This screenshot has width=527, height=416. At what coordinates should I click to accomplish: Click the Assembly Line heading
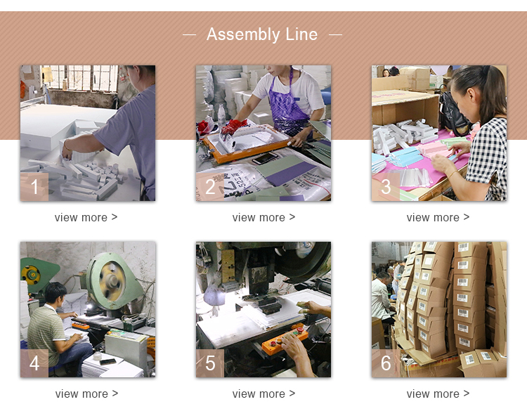[x=262, y=34]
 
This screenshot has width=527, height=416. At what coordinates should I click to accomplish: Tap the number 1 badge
[x=34, y=187]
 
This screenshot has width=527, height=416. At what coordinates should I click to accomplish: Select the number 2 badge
[x=210, y=187]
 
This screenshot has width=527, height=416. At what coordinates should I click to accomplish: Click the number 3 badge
[x=386, y=187]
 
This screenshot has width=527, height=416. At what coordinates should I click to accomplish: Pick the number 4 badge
[x=34, y=363]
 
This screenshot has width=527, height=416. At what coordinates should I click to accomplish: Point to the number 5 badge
[x=210, y=363]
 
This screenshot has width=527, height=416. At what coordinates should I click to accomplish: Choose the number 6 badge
[x=386, y=363]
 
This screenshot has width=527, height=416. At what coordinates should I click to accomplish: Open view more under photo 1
[x=86, y=217]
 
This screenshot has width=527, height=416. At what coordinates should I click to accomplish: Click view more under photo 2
[x=263, y=217]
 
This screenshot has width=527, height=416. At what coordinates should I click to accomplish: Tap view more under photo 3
[x=438, y=217]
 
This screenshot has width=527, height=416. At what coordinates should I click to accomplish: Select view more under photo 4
[x=86, y=394]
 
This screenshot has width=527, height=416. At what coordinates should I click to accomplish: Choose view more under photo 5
[x=263, y=394]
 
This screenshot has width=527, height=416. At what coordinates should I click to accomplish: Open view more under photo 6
[x=438, y=394]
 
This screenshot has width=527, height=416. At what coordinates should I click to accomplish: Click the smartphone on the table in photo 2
[x=265, y=158]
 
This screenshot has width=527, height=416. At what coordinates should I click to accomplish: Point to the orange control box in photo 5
[x=285, y=339]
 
